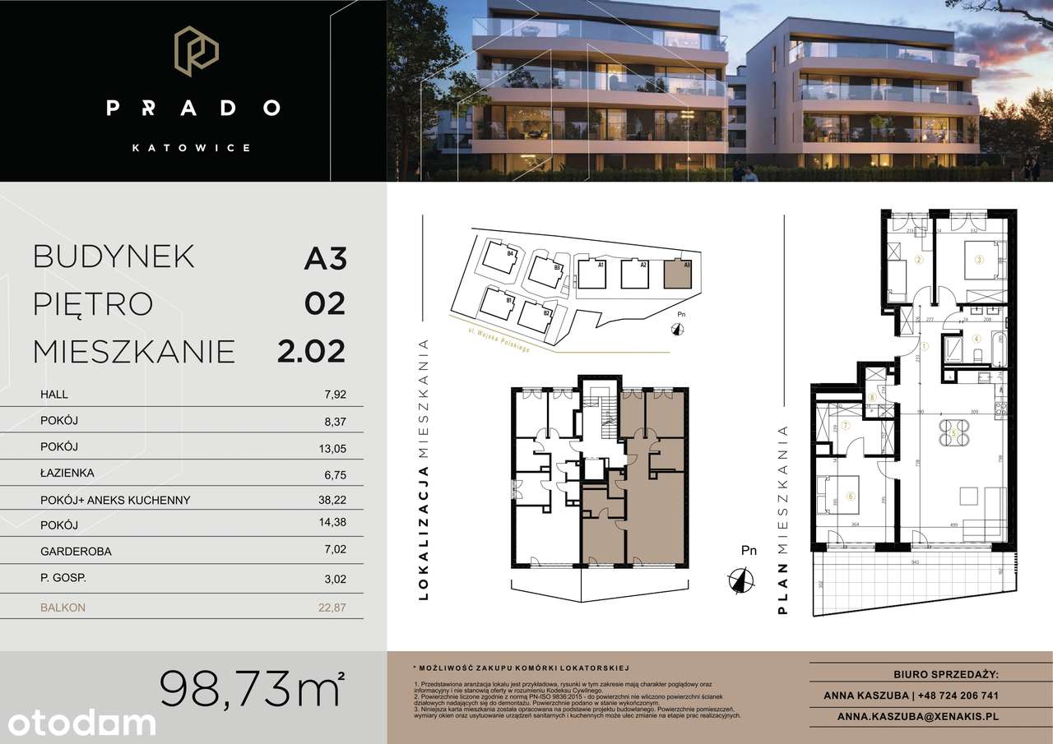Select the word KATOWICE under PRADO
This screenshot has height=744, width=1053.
(192, 148)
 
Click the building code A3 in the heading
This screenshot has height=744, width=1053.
(325, 258)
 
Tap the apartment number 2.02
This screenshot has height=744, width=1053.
(311, 351)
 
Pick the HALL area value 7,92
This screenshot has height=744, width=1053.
(335, 395)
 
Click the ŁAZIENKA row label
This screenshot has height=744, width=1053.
(67, 474)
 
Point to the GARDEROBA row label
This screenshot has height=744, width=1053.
(76, 552)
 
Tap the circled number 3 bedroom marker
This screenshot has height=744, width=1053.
(978, 260)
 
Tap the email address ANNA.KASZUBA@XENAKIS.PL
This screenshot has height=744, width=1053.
(917, 717)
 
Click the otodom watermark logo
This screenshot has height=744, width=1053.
(78, 723)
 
